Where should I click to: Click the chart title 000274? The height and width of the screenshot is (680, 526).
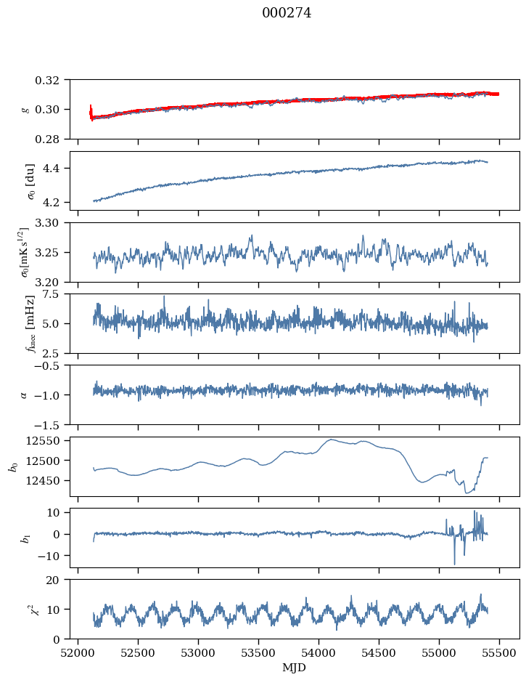click(287, 13)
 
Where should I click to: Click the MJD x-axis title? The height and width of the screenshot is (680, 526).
click(295, 667)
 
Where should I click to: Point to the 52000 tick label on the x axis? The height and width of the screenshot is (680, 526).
click(78, 653)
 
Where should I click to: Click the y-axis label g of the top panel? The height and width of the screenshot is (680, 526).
click(26, 109)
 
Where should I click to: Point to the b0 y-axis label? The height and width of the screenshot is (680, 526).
click(13, 466)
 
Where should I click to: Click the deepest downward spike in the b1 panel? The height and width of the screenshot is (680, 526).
click(455, 564)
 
